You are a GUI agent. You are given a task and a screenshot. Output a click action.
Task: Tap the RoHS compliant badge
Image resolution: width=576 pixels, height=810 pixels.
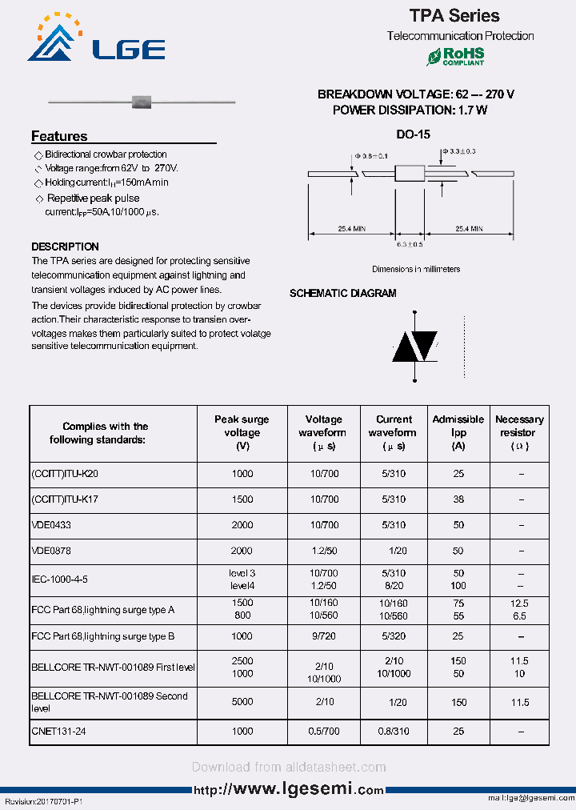pos(455,56)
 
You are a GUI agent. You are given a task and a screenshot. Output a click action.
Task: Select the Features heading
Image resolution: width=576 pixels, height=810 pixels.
pos(59,136)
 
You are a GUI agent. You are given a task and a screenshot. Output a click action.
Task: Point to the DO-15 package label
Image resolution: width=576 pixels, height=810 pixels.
pos(413,135)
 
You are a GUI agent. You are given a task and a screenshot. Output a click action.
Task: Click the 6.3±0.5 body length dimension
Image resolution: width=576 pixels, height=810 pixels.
pos(410,243)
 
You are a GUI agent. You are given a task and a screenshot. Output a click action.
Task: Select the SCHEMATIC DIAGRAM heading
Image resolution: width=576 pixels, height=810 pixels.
pos(342,294)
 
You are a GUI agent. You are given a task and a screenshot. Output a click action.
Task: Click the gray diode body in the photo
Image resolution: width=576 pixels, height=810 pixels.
pos(142,102)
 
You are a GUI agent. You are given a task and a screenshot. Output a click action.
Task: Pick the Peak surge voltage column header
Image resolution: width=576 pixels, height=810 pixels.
pos(242,433)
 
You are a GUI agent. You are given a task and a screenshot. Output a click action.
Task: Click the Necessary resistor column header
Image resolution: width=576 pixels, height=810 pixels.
pos(519,433)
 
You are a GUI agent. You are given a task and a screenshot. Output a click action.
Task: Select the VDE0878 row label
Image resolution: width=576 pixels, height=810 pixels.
pos(51,551)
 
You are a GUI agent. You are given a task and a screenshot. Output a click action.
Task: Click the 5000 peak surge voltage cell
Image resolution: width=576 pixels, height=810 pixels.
pos(242,702)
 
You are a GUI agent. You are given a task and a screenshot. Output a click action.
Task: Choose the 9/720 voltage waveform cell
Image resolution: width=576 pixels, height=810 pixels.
pos(323,636)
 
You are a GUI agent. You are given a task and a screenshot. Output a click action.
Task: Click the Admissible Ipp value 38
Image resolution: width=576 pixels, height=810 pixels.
pos(458,499)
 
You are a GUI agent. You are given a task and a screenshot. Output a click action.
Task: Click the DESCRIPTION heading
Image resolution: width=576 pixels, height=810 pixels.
pos(65,247)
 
